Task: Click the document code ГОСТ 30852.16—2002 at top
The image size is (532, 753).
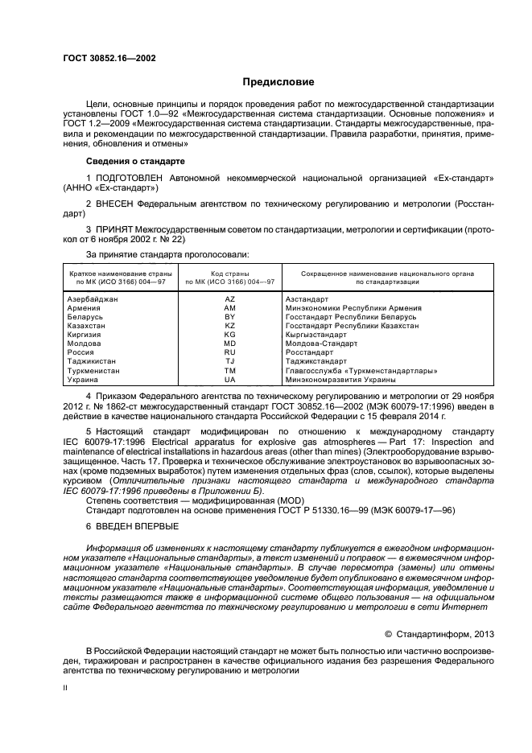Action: click(109, 58)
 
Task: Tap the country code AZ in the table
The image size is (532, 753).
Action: click(229, 298)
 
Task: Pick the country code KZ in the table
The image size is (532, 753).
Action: click(229, 325)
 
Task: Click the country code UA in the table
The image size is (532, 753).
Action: click(229, 379)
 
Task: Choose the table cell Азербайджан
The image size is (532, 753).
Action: click(93, 298)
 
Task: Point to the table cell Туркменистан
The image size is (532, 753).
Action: click(94, 370)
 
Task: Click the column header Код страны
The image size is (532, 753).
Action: click(229, 274)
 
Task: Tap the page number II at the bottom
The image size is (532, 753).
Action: click(66, 688)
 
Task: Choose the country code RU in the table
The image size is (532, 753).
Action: click(229, 352)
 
